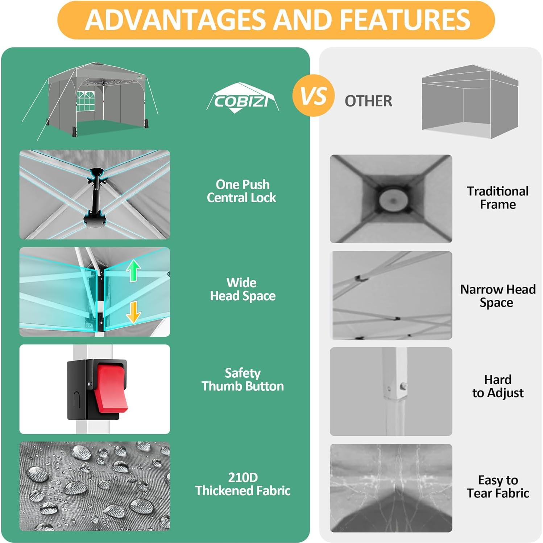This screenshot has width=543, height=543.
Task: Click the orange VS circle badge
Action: click(313, 96)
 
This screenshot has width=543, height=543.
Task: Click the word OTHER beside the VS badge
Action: click(368, 101)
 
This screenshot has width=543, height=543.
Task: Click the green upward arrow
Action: click(133, 271)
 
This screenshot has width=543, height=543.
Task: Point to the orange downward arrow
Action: click(133, 311)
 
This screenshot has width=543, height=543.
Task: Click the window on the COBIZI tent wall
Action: click(86, 101)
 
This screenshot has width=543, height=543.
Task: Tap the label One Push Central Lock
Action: click(242, 191)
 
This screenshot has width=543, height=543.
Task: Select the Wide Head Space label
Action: click(243, 289)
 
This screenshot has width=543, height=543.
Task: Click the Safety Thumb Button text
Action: click(243, 380)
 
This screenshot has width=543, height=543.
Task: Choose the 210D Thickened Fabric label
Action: click(243, 484)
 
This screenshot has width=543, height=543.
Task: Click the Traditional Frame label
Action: click(498, 198)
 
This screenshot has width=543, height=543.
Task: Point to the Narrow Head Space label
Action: click(498, 296)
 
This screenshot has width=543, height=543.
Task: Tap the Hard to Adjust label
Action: click(498, 386)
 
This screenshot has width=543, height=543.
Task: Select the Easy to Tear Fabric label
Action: click(498, 486)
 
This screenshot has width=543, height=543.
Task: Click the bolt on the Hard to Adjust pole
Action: click(402, 387)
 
